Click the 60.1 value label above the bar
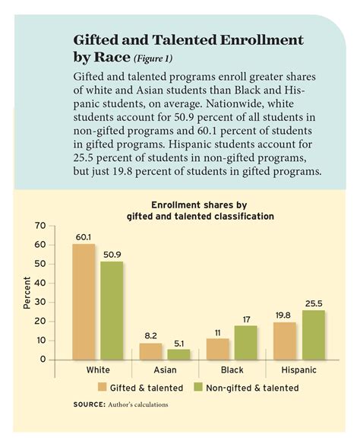[x=83, y=237]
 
